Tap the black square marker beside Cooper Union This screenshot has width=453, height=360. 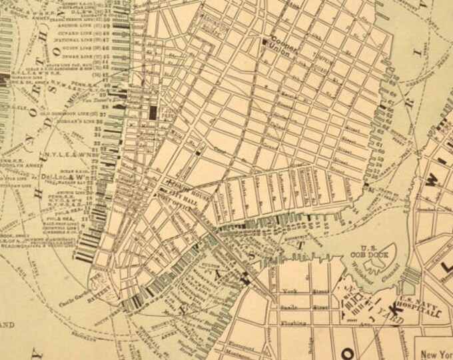pos(264,42)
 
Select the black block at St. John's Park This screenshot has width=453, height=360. pos(153,111)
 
